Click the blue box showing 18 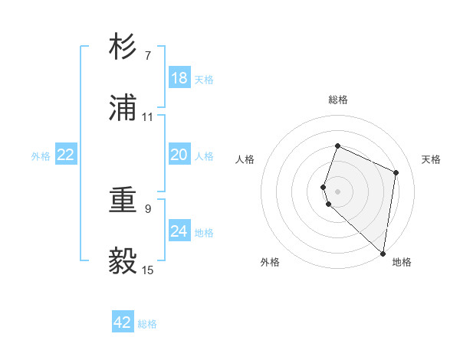pos(179,78)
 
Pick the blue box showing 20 pos(179,155)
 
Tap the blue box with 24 pos(179,231)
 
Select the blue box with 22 pos(66,155)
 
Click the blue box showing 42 pos(123,322)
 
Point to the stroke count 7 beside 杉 pos(148,56)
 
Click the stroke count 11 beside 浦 pos(148,117)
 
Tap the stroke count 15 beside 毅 pos(148,270)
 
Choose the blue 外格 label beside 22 pos(41,156)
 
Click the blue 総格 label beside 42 pos(147,324)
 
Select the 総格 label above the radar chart pos(338,100)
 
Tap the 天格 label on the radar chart pos(432,159)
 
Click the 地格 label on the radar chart pos(402,262)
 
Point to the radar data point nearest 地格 pos(383,253)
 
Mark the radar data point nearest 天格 pos(396,172)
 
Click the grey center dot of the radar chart pos(338,190)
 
